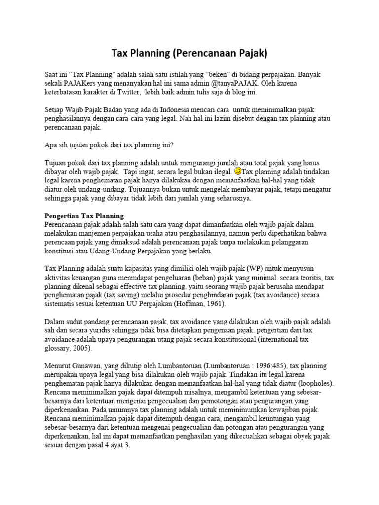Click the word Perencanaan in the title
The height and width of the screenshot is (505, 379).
pyautogui.click(x=203, y=52)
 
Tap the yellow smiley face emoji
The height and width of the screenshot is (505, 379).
pyautogui.click(x=237, y=171)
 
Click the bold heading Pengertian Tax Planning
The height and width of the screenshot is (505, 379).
pyautogui.click(x=84, y=216)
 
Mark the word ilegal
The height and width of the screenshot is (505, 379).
pyautogui.click(x=220, y=172)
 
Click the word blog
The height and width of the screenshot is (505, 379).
pyautogui.click(x=236, y=92)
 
